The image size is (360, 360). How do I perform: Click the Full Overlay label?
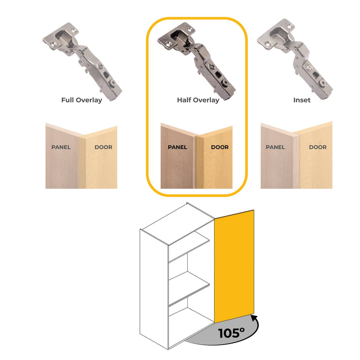(81, 100)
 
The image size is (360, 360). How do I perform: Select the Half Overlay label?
(198, 100)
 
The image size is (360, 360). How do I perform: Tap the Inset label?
(302, 100)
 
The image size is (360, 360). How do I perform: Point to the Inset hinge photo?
(298, 59)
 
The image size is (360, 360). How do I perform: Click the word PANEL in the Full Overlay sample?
(61, 148)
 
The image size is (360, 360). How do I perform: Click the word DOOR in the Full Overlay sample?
(103, 148)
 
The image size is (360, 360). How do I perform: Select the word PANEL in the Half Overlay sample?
(177, 148)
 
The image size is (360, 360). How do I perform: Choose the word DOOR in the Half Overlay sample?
(220, 148)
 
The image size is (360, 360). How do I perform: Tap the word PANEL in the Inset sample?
(276, 148)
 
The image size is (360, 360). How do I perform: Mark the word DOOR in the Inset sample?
(318, 148)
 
